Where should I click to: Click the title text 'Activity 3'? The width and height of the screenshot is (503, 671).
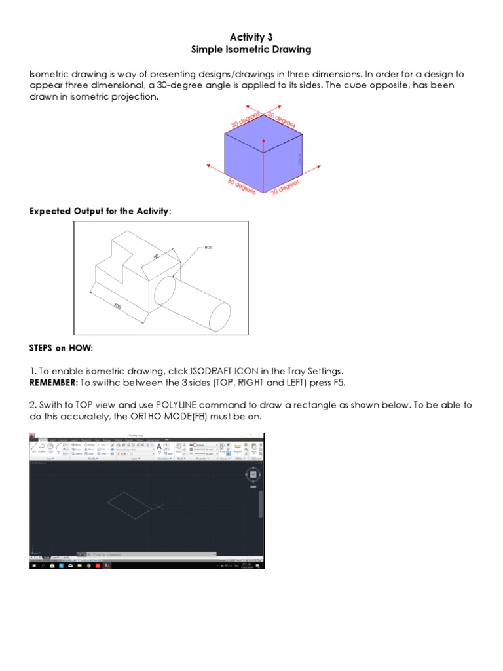tap(251, 37)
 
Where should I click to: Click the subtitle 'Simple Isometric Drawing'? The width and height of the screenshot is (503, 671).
tap(251, 50)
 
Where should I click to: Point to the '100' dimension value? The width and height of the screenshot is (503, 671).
tap(118, 305)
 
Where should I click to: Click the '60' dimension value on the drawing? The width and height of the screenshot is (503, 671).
tap(157, 257)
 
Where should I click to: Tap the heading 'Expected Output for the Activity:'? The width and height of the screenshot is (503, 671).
tap(101, 211)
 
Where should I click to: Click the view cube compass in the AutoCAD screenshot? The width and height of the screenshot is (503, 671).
tap(253, 474)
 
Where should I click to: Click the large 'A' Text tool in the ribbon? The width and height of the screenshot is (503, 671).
tap(158, 448)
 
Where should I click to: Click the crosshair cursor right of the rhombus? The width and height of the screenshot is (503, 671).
tap(158, 506)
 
